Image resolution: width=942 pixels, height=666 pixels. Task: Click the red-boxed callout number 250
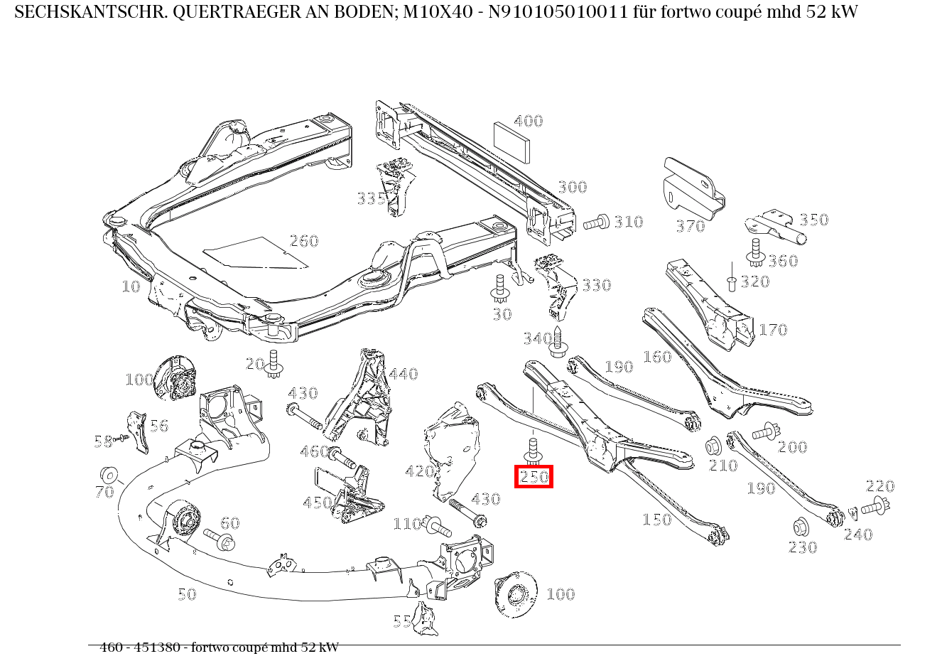[534, 477]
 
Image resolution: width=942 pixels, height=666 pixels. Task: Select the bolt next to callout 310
[597, 222]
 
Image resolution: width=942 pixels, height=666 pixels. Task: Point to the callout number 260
[304, 241]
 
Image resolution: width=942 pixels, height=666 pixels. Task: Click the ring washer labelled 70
[109, 475]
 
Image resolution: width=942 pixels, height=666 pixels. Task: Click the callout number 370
[690, 227]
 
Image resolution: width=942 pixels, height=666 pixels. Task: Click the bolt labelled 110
[436, 527]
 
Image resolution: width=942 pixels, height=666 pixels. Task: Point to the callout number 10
[131, 286]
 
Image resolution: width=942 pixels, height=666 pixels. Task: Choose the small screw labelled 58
[122, 438]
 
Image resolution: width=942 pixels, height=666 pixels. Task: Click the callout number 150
[656, 520]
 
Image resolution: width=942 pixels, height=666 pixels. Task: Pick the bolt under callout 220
[877, 507]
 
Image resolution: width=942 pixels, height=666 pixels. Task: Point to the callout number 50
[187, 594]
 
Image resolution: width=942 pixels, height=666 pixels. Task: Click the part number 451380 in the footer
[158, 648]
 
